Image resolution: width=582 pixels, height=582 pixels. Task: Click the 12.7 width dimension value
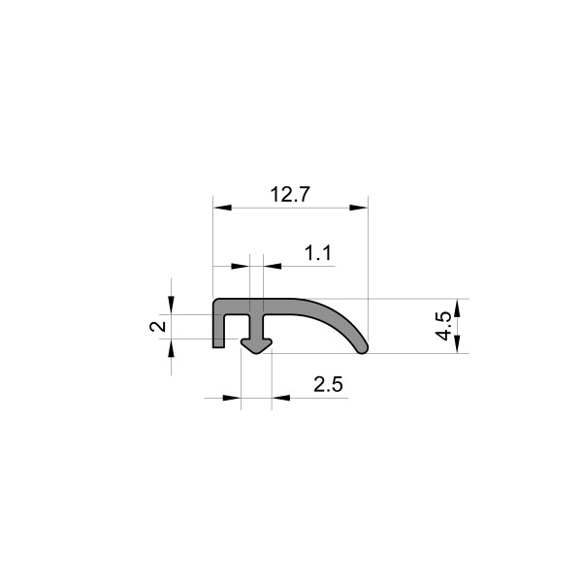pos(289,194)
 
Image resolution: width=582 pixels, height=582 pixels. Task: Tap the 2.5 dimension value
pos(329,384)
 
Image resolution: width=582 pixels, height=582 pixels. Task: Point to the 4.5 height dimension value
pos(443,325)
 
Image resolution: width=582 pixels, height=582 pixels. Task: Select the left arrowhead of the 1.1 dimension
pos(240,265)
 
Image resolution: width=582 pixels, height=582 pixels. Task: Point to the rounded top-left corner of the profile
pos(216,303)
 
